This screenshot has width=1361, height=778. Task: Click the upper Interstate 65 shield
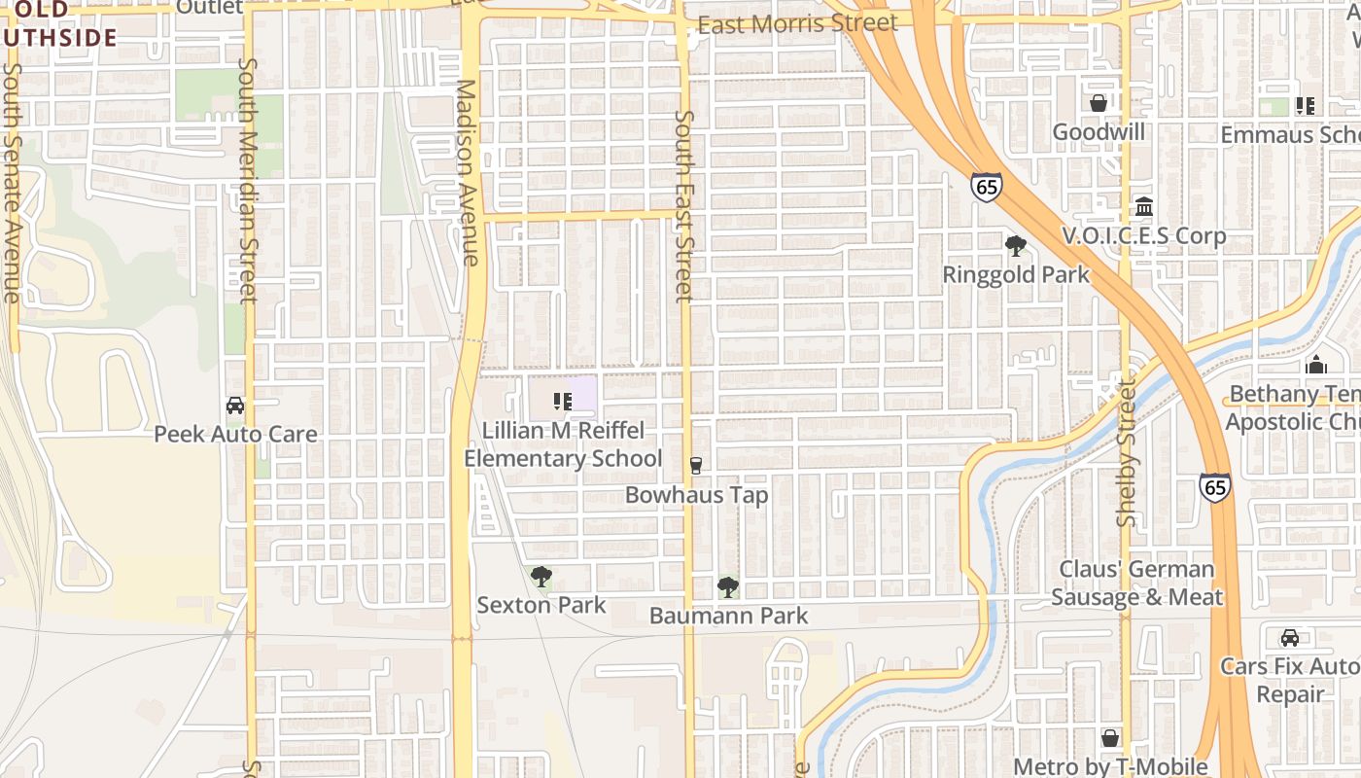[986, 188]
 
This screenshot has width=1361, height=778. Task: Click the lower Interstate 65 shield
[1214, 486]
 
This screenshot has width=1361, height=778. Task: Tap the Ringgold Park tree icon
[1016, 246]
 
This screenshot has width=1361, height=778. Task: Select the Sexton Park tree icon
[541, 577]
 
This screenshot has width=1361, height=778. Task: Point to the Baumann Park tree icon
[727, 587]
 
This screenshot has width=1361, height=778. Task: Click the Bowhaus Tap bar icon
[695, 466]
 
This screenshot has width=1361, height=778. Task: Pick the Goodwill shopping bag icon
[1099, 103]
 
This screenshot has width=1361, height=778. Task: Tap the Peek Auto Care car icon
[235, 406]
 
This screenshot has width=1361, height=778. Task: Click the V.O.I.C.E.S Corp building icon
[1143, 207]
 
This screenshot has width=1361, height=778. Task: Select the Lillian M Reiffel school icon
[562, 401]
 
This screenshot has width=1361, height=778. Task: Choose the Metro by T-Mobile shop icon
[1110, 738]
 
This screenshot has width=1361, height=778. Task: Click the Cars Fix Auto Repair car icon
[1290, 638]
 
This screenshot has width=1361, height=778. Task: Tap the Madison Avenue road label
[468, 172]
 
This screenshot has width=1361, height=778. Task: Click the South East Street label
[684, 205]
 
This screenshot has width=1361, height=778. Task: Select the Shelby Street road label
[1127, 453]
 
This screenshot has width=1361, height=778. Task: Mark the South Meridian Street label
[248, 180]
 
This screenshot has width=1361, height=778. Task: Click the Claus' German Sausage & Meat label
[1136, 583]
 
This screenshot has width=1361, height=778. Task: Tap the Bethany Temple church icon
[1316, 365]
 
